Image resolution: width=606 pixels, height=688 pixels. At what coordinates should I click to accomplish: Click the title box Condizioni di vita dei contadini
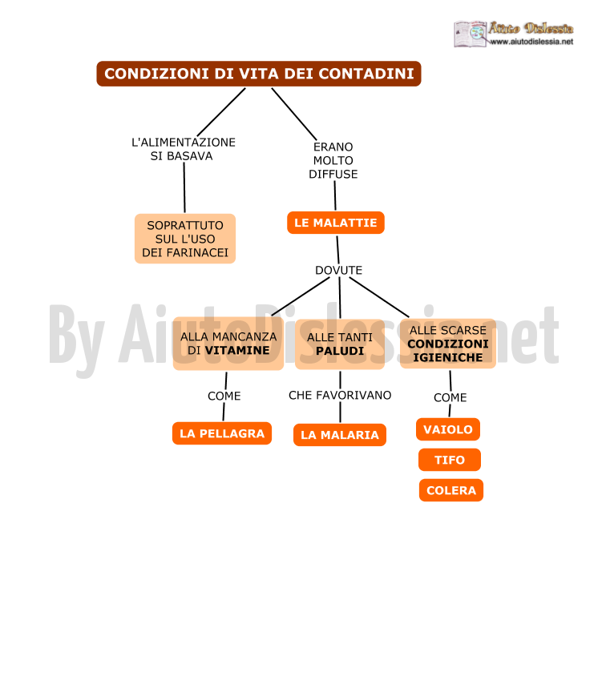coord(259,74)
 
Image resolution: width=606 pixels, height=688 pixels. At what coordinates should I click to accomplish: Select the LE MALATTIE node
coord(336,223)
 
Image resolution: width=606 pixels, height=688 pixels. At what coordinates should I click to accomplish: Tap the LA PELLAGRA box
coord(222,433)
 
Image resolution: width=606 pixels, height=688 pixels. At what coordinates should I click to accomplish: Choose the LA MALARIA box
coord(339,435)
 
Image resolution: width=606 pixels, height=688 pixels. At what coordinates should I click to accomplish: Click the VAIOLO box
coord(448,429)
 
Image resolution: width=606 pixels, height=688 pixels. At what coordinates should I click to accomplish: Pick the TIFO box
coord(449,460)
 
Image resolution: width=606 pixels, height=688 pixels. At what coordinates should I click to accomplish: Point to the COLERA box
coord(451,490)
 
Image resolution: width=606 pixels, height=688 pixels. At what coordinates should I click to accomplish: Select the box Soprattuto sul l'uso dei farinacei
coord(185,239)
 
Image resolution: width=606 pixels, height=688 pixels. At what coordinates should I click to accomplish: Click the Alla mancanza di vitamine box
coord(228,344)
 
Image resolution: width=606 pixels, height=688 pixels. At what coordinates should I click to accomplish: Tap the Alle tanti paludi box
coord(340,344)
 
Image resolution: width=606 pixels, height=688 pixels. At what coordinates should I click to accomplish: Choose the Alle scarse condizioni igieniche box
coord(448,344)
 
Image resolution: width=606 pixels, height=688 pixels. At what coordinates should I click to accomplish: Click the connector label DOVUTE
coord(338,270)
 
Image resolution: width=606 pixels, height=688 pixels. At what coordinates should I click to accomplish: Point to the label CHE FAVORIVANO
coord(340,396)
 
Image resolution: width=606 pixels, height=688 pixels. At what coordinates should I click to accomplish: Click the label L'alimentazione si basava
coord(183,149)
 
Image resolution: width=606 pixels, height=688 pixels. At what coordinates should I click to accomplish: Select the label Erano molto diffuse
coord(333,161)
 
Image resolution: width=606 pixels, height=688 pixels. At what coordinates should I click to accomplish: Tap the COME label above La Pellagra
coord(224,396)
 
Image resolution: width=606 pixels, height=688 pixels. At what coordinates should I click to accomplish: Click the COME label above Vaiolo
coord(450,397)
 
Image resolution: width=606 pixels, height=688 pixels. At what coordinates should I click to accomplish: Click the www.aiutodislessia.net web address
coord(531,42)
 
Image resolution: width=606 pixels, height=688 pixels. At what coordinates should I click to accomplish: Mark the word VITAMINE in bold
coord(237,351)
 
